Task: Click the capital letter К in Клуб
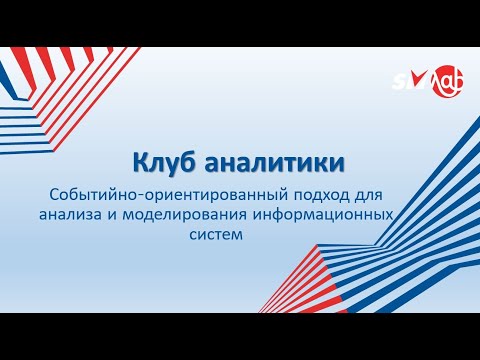[141, 161]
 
